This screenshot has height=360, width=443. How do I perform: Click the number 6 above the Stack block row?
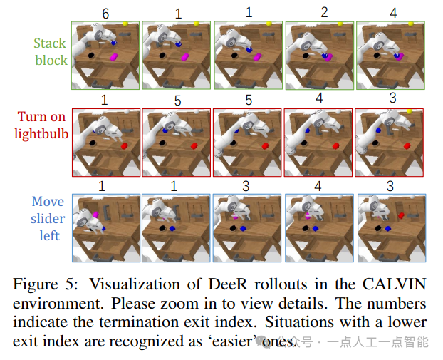[x=105, y=12]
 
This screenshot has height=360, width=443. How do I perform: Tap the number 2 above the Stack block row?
[x=324, y=12]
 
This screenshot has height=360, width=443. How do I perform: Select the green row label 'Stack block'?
[x=51, y=51]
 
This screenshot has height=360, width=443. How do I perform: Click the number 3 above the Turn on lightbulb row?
[x=393, y=98]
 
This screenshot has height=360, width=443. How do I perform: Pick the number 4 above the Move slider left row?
[x=319, y=185]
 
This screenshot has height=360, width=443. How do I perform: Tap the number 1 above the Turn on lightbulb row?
[x=105, y=98]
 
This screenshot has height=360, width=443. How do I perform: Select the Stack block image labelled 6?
[x=105, y=55]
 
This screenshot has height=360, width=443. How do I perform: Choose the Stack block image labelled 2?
[x=319, y=55]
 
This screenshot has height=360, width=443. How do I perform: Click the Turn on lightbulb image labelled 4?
[x=318, y=142]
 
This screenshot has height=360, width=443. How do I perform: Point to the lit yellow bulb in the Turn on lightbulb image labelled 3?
[x=409, y=111]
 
